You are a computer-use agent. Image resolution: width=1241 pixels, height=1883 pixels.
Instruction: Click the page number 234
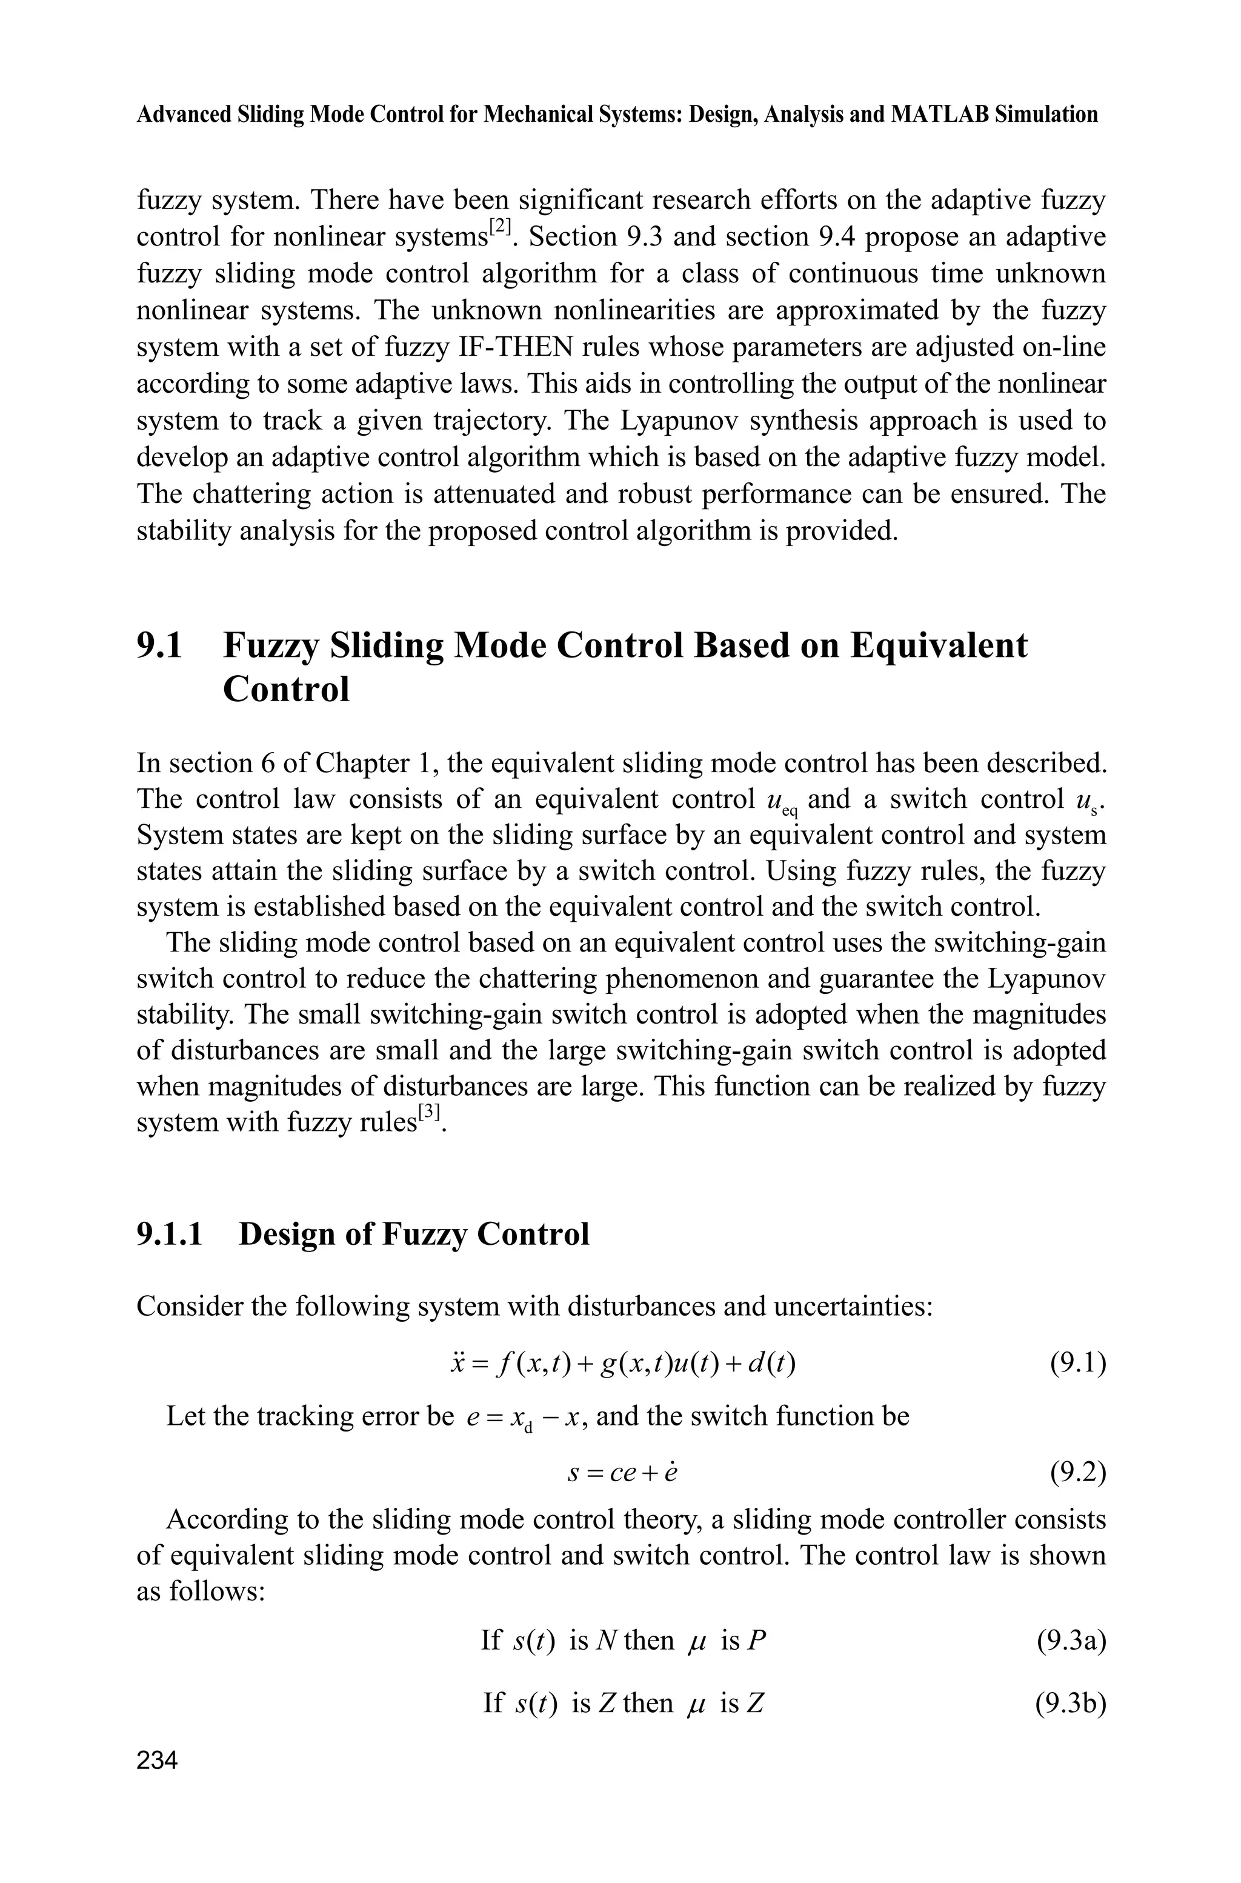click(157, 1761)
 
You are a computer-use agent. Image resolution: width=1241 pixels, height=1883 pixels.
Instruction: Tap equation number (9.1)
click(1077, 1364)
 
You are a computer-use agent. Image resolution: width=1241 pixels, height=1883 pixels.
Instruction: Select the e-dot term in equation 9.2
click(670, 1474)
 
